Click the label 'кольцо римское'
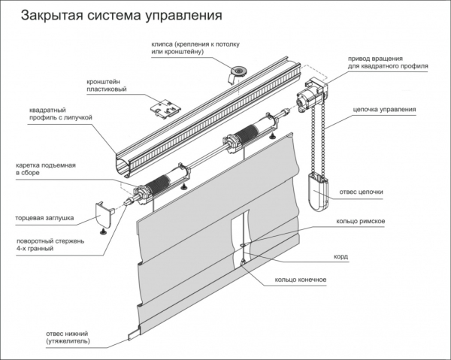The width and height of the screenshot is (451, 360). coord(362,222)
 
